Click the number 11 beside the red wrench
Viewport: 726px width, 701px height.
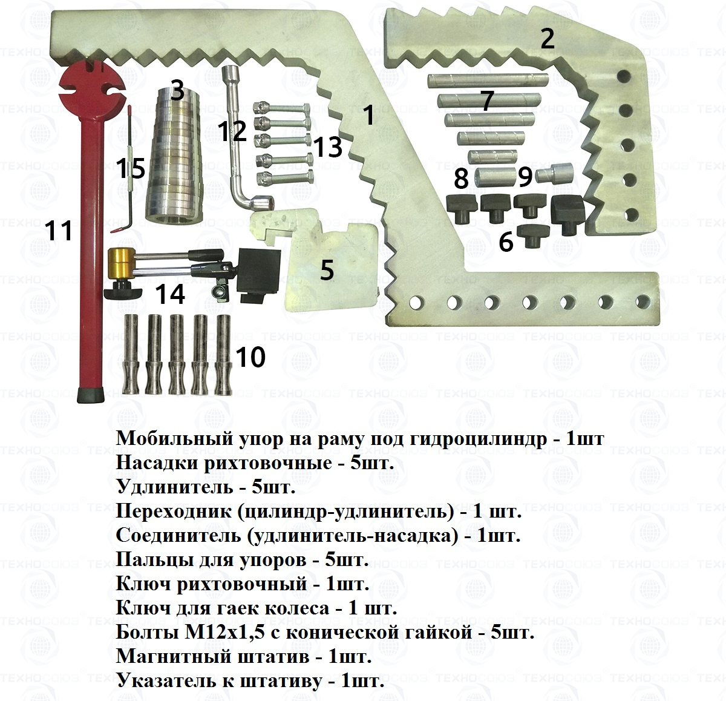pyautogui.click(x=59, y=231)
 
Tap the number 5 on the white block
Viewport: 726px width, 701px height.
pyautogui.click(x=327, y=270)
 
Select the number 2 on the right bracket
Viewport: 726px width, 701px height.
pyautogui.click(x=547, y=39)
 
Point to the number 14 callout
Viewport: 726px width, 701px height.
pyautogui.click(x=169, y=294)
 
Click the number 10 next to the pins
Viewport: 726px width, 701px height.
pyautogui.click(x=250, y=357)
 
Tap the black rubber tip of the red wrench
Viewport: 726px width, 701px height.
pyautogui.click(x=93, y=396)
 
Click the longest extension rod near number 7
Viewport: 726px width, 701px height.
pyautogui.click(x=489, y=79)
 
